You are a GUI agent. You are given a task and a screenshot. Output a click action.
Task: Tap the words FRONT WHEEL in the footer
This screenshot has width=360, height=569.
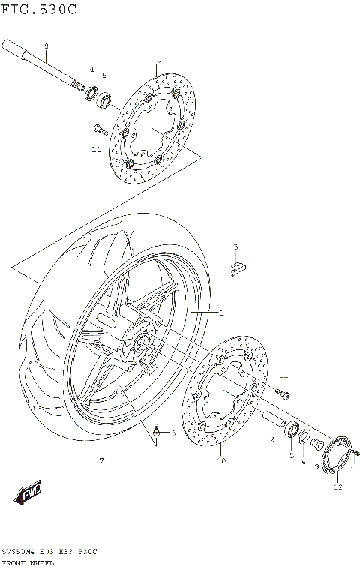[x=31, y=561]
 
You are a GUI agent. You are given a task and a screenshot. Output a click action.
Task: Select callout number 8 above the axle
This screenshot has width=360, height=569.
[x=46, y=46]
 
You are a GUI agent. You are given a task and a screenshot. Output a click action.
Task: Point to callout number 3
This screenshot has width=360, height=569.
[x=235, y=247]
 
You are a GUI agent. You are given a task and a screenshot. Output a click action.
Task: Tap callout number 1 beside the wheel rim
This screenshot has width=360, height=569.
[x=220, y=312]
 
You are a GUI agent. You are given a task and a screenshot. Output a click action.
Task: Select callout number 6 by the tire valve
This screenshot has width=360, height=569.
[x=172, y=433]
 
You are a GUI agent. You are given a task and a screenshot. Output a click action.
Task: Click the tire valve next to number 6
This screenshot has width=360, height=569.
[x=158, y=430]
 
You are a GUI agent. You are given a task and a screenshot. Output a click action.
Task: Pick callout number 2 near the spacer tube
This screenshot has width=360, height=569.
[x=271, y=441]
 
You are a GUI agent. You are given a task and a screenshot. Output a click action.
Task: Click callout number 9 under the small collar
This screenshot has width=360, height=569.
[x=316, y=466]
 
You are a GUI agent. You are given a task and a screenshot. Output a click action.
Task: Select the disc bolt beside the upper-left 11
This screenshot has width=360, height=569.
[x=98, y=127]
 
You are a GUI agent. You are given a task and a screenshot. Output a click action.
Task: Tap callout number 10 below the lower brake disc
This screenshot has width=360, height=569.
[x=221, y=461]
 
